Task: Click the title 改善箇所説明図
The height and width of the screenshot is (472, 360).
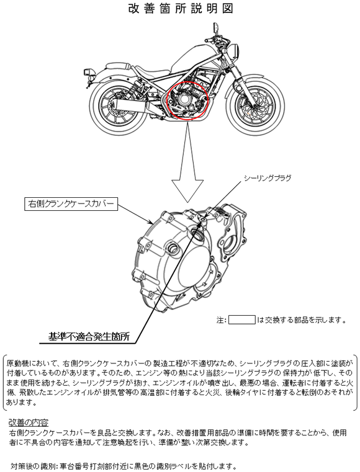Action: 181,9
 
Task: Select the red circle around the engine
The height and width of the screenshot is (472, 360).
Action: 188,100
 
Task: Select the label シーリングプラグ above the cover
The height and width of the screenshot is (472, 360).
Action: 268,178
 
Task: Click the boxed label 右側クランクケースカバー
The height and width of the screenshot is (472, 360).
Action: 71,204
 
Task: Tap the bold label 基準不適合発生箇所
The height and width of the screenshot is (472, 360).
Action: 89,337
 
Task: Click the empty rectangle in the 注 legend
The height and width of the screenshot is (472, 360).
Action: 241,319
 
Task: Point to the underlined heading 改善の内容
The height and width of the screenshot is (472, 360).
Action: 29,422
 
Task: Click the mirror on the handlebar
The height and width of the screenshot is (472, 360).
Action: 216,27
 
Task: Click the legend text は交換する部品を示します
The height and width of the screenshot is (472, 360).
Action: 301,319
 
